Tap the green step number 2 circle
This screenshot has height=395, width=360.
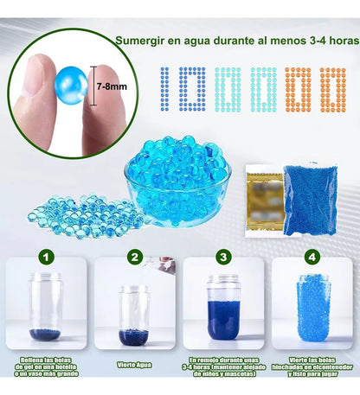(x=135, y=257)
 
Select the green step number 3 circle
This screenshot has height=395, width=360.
(x=223, y=257)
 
